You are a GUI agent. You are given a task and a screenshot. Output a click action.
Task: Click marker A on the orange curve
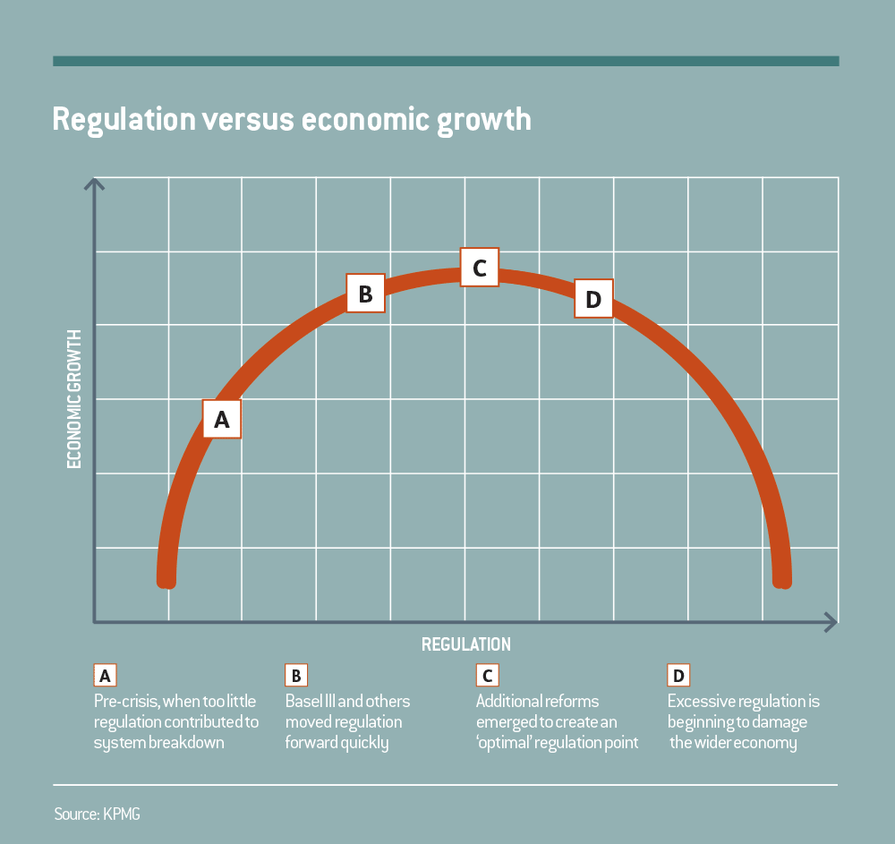pyautogui.click(x=222, y=419)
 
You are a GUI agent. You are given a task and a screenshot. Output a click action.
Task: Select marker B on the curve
pyautogui.click(x=365, y=294)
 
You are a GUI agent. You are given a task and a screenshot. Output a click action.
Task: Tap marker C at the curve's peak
pyautogui.click(x=480, y=267)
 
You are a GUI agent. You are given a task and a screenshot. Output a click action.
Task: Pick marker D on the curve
pyautogui.click(x=593, y=299)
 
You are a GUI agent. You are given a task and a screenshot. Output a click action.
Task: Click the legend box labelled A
pyautogui.click(x=105, y=674)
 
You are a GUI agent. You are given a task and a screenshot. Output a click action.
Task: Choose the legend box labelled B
pyautogui.click(x=296, y=674)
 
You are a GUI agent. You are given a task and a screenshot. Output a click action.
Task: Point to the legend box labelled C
pyautogui.click(x=487, y=674)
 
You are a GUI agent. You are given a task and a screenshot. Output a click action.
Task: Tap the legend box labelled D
pyautogui.click(x=678, y=674)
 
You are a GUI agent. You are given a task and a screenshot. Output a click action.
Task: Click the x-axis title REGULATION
pyautogui.click(x=465, y=644)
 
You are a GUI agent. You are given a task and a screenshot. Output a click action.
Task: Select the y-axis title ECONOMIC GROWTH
pyautogui.click(x=74, y=399)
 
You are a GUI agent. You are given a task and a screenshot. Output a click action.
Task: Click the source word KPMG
pyautogui.click(x=120, y=815)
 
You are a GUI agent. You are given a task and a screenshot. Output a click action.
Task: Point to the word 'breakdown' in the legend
pyautogui.click(x=188, y=743)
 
